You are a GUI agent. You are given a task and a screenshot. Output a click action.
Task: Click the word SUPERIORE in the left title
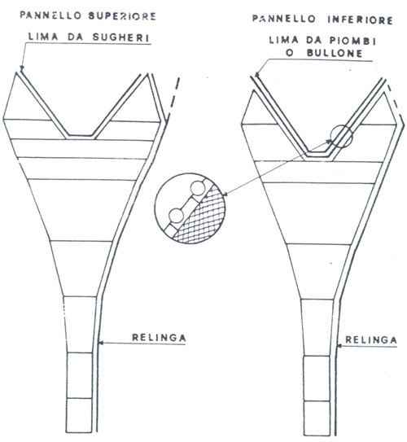click(122, 16)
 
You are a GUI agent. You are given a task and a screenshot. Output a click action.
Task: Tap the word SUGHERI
click(121, 37)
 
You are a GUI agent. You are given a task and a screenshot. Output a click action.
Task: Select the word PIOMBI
click(353, 42)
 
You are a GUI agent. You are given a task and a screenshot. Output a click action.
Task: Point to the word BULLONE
click(335, 53)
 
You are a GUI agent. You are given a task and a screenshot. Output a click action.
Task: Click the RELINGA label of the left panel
click(159, 338)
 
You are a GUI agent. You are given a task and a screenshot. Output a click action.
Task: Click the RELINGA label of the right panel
click(371, 340)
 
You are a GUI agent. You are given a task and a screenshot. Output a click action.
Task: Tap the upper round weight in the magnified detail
click(197, 189)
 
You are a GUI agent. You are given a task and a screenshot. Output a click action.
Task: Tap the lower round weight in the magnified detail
click(176, 216)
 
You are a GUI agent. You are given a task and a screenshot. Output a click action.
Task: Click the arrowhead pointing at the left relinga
click(100, 343)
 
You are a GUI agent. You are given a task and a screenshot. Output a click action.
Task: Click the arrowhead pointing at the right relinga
click(340, 346)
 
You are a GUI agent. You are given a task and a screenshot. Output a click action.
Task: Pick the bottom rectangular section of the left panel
click(79, 415)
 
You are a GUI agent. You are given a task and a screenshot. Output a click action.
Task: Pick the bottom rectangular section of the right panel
click(317, 418)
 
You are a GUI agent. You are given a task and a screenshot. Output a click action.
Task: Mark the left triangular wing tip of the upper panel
click(16, 72)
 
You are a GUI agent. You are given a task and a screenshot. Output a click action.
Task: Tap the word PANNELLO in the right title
click(284, 20)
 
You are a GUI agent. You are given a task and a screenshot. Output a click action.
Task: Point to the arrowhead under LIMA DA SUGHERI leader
click(22, 68)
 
